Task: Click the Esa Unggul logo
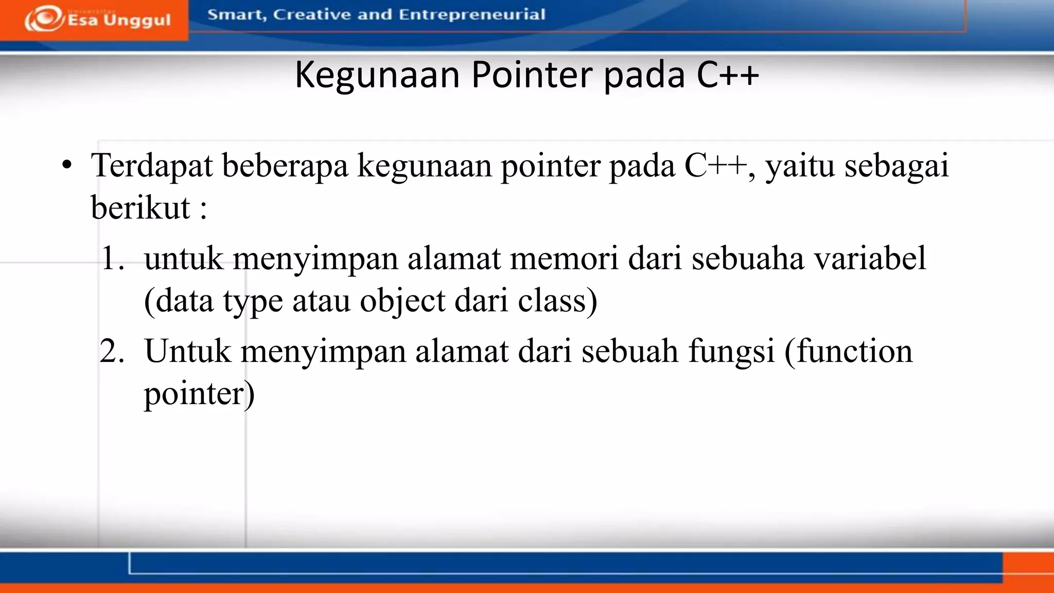click(x=97, y=20)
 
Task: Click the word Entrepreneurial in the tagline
click(x=471, y=14)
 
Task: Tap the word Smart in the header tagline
click(x=236, y=15)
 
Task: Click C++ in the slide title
click(x=728, y=75)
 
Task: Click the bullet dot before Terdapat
click(x=66, y=166)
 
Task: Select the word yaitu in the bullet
click(x=800, y=167)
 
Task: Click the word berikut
click(x=140, y=208)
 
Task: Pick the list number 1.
click(x=112, y=258)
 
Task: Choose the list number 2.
click(x=112, y=352)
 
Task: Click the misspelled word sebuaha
click(x=747, y=258)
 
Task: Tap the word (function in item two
click(x=848, y=352)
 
